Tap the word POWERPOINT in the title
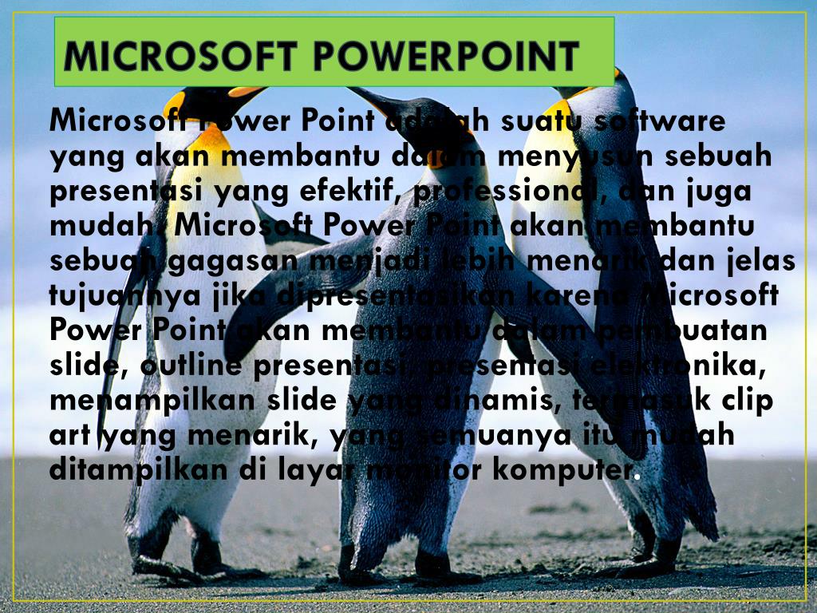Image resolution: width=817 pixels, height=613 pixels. pyautogui.click(x=445, y=56)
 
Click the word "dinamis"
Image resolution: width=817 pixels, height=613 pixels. pyautogui.click(x=487, y=400)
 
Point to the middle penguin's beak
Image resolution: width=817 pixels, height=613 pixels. pyautogui.click(x=369, y=97)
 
